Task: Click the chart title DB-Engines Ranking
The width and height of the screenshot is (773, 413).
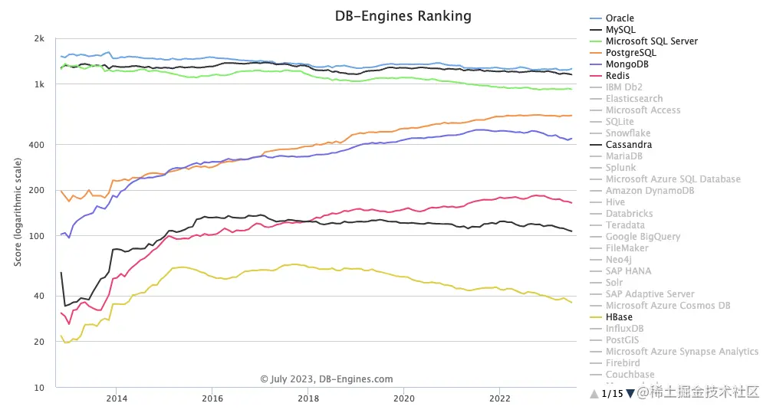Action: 403,16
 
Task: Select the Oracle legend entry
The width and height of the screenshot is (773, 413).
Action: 620,18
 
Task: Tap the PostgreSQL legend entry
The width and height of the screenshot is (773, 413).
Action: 630,53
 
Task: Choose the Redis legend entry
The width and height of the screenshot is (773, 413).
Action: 617,76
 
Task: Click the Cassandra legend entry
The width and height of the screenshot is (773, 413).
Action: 629,145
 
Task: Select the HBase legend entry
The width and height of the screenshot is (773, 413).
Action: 619,317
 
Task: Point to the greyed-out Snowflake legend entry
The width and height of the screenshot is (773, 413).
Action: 627,133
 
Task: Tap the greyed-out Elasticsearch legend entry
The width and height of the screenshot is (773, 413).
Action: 633,99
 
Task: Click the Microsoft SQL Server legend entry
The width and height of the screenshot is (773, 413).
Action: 651,41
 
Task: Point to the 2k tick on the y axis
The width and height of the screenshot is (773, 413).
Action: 39,38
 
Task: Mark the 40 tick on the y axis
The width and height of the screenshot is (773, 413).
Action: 39,297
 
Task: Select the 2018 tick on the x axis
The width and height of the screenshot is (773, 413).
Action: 308,398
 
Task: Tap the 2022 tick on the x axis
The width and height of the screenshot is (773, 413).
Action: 499,398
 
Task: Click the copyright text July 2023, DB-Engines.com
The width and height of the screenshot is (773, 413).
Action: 327,379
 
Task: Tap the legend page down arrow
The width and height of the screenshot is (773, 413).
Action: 630,394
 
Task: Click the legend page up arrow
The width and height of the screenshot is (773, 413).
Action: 594,394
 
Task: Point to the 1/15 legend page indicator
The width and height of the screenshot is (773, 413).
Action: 612,394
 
